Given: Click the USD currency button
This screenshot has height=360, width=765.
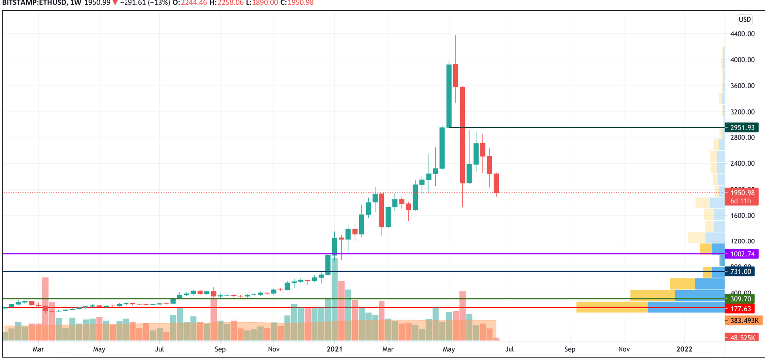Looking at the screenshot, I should coord(744,20).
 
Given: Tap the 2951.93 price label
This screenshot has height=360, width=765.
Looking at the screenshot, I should coord(742,128).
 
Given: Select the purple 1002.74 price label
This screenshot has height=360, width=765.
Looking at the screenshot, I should coord(742,254).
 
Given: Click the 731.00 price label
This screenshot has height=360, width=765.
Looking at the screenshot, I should coord(740,271).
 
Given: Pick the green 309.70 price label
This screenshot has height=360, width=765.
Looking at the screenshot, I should coord(740,299).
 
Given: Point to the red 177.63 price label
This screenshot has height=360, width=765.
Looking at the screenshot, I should coord(740,309).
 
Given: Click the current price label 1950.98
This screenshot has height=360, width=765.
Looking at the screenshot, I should coord(742,193).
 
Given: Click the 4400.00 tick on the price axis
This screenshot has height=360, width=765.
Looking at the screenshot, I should coord(741,34).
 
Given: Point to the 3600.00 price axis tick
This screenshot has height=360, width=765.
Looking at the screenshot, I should coord(741,86).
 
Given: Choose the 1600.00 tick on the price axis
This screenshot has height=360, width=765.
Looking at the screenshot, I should coord(741,216).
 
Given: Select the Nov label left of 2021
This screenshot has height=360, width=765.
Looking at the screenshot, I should coord(273,349).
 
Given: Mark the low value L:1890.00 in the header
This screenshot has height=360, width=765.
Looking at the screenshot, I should coord(261,3).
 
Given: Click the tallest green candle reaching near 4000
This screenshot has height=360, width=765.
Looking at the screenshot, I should coord(449,96).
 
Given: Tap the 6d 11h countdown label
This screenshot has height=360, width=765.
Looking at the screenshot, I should coord(742,201).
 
